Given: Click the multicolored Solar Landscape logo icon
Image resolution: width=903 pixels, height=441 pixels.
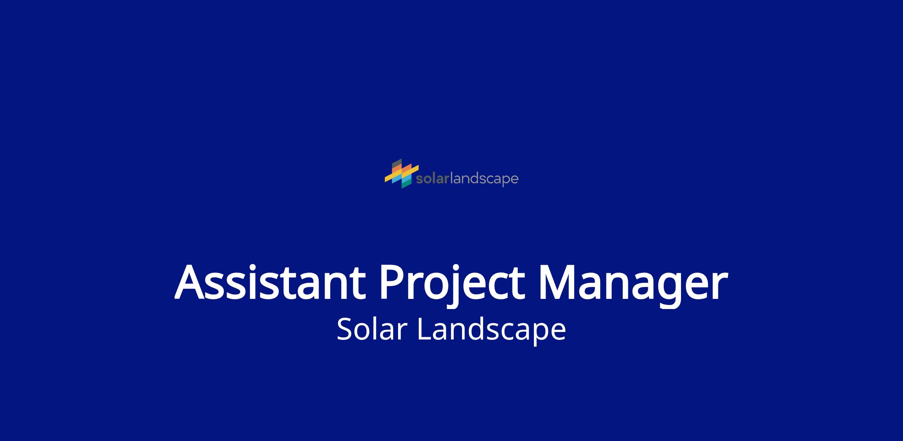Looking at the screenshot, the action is pyautogui.click(x=402, y=173).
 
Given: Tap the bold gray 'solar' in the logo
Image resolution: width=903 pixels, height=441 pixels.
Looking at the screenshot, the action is pyautogui.click(x=433, y=179).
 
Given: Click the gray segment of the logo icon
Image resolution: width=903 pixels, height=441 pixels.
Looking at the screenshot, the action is pyautogui.click(x=397, y=164).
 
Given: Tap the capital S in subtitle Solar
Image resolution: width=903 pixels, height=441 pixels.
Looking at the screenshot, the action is pyautogui.click(x=345, y=329).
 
